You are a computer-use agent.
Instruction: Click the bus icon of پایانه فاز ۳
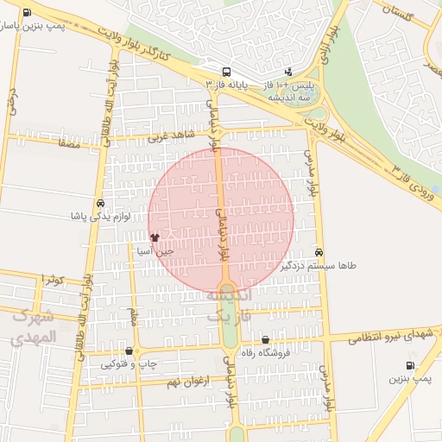226,73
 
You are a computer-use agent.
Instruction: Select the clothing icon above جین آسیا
155,237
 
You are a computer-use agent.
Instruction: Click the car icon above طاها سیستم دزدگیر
319,253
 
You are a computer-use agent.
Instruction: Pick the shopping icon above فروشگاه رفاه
265,340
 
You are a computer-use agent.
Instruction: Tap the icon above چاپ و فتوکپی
129,351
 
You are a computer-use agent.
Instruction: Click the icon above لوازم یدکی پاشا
101,203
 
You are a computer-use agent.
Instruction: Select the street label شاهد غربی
167,136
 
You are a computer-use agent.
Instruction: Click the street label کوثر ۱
50,279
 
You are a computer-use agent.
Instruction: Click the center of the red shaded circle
221,218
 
